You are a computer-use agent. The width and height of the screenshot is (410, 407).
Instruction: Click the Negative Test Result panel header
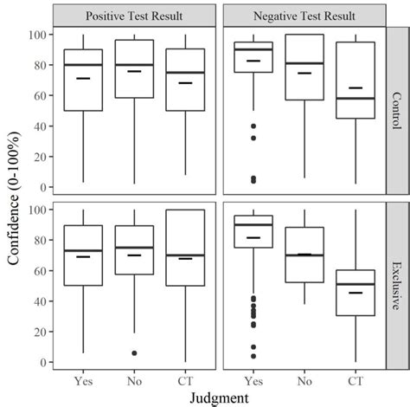pos(303,16)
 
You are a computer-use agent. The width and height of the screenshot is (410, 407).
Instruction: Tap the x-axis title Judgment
pos(219,396)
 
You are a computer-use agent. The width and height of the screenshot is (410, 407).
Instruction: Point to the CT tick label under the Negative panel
pos(356,378)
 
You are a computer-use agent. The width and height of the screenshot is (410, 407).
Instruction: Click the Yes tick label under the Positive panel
pos(83,378)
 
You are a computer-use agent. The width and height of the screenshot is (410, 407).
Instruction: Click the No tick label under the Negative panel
pos(304,378)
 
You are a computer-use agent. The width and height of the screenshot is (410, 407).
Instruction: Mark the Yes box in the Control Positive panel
pos(83,80)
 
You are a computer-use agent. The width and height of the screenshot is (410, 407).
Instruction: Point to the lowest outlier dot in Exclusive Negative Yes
pos(253,356)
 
